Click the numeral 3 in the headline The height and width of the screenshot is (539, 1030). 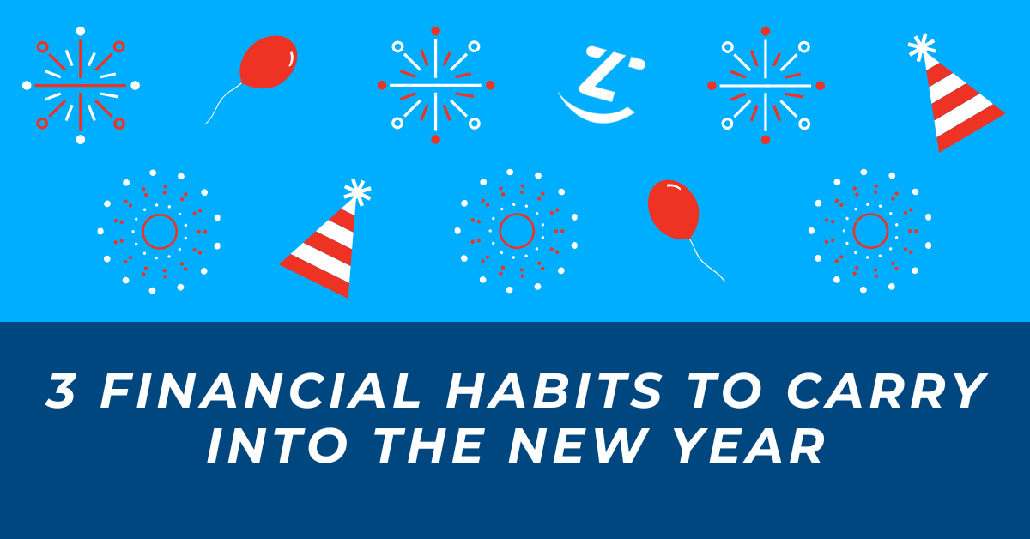point(61,391)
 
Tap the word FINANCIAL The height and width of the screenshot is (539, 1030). point(261,391)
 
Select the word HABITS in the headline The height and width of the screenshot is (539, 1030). point(554,391)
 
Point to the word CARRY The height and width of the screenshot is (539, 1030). point(887,391)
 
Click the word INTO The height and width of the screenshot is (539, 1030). point(276,445)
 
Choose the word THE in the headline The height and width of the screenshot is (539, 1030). point(429,445)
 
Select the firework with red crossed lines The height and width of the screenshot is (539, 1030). point(81,86)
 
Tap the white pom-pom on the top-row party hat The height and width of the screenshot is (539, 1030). point(922,47)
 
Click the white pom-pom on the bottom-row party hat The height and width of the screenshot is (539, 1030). point(357,192)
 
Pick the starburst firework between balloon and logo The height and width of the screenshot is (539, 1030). point(436,86)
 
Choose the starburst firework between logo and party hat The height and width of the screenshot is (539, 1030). point(766,86)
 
